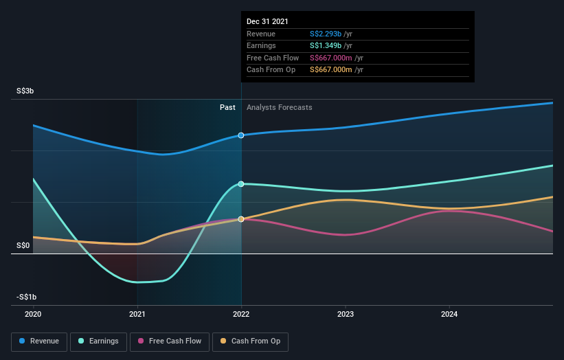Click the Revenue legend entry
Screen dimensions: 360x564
(40, 341)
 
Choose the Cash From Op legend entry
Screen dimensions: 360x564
(251, 341)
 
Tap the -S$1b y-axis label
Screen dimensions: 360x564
(27, 297)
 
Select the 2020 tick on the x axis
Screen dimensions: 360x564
(33, 314)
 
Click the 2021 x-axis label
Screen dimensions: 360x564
(137, 314)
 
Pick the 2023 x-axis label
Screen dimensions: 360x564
(346, 314)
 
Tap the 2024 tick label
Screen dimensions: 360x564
(449, 314)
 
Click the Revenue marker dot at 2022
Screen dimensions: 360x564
(241, 135)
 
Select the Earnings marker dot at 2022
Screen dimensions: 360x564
(241, 184)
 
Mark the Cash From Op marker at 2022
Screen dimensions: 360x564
(241, 219)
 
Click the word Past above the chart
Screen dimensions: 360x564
(227, 107)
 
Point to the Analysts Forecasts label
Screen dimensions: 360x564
(279, 107)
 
